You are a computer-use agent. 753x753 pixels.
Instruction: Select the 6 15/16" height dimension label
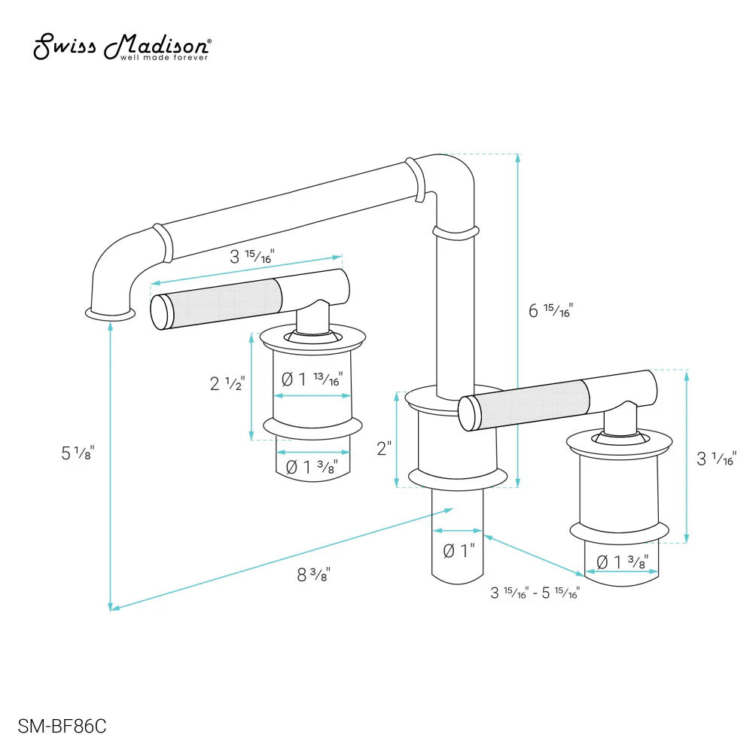pos(550,309)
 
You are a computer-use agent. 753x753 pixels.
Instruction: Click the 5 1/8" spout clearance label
pos(78,453)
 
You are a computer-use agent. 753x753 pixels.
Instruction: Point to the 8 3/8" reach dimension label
pos(314,575)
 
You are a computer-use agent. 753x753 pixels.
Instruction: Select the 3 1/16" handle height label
pos(715,457)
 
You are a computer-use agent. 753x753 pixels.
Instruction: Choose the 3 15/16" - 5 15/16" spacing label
pos(535,593)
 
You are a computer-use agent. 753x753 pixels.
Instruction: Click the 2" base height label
pos(384,449)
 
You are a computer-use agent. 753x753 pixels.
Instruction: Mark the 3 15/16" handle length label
pos(251,256)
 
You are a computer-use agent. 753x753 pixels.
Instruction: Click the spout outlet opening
pos(111,311)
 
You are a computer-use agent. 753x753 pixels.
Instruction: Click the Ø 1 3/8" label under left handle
pos(312,467)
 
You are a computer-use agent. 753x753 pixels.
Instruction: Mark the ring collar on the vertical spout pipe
pos(456,231)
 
